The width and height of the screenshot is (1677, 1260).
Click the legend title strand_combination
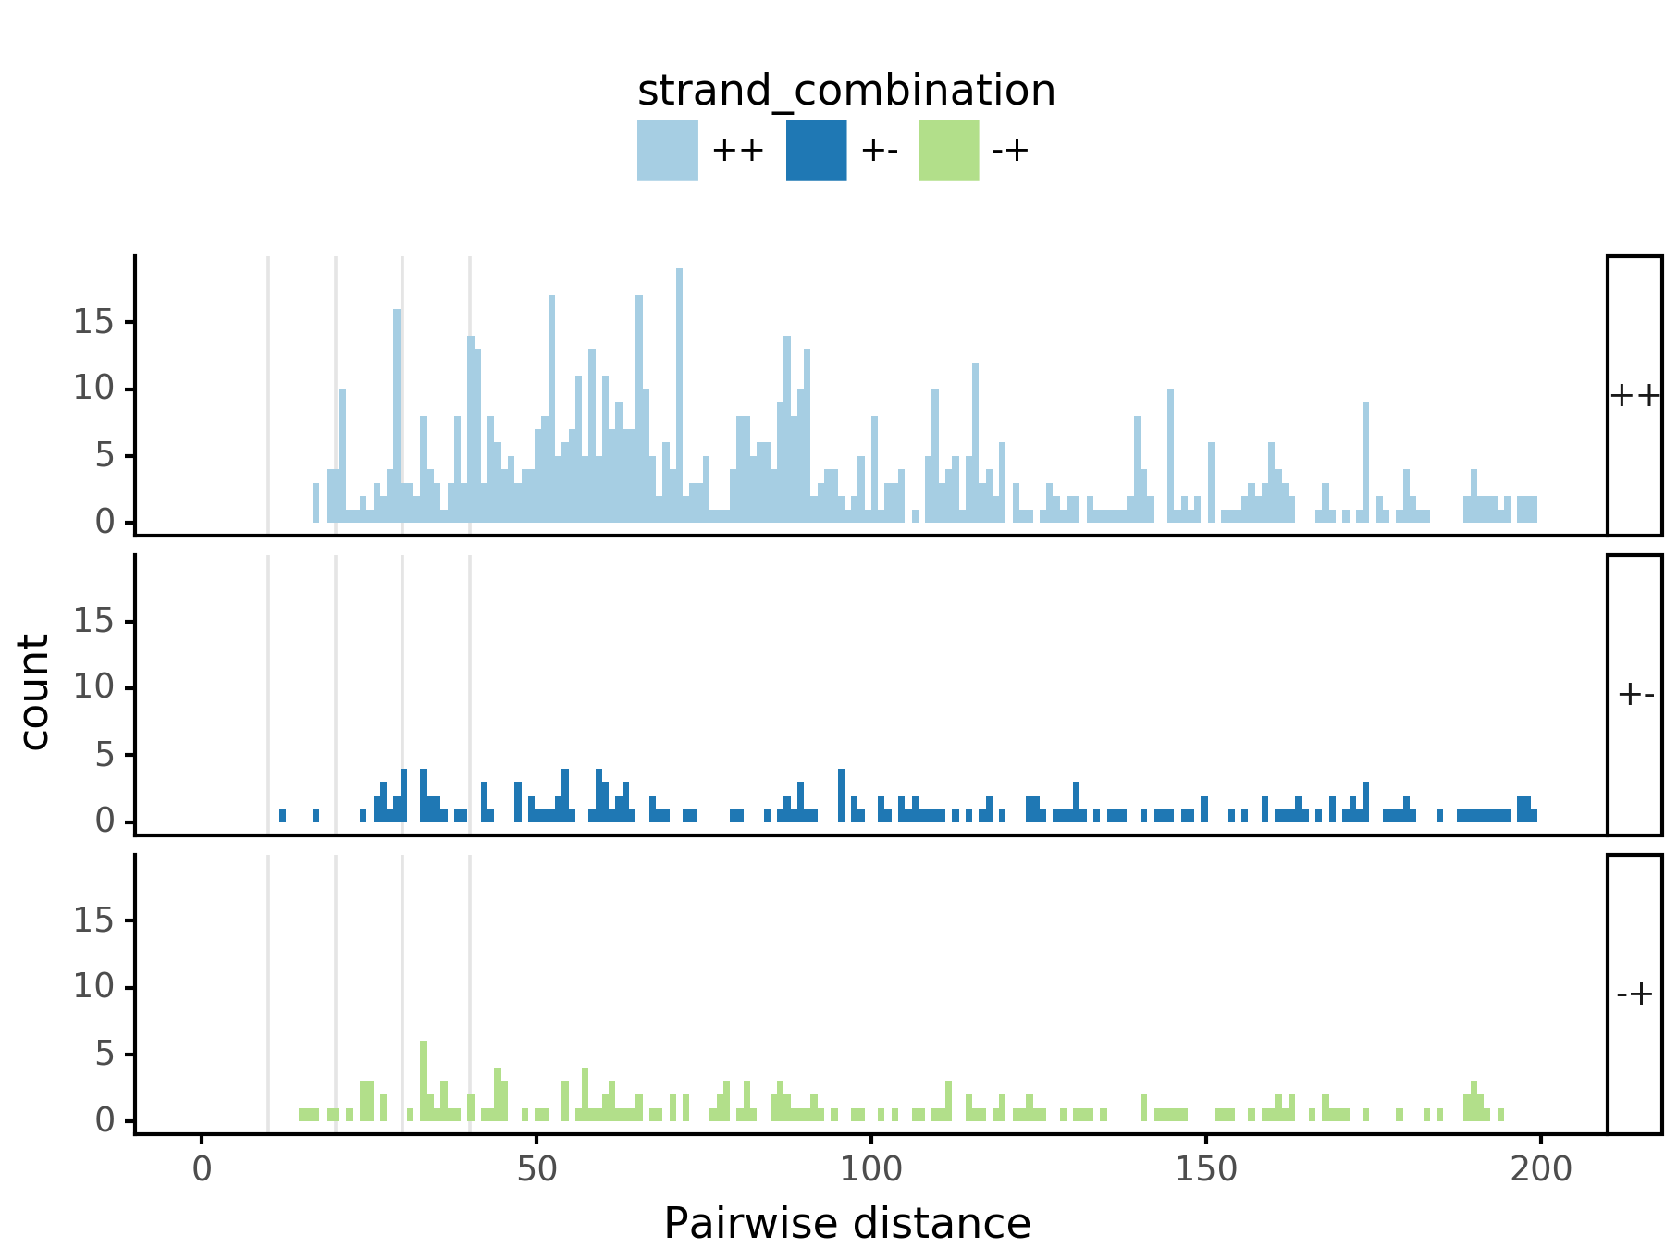coord(845,91)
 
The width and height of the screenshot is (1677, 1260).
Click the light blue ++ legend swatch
coord(667,151)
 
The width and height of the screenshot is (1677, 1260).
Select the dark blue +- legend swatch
coord(816,151)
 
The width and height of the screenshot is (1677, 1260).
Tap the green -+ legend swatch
coord(948,151)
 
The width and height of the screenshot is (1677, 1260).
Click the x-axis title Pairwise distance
coord(846,1223)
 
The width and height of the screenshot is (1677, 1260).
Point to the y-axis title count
coord(35,692)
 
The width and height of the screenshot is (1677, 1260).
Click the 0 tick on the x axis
coord(202,1169)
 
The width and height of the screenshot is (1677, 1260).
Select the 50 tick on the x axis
coord(536,1169)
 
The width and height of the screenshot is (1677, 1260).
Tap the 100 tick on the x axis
coord(870,1169)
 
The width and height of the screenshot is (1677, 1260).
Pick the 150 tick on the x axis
coord(1205,1169)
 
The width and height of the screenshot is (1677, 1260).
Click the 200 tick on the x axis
coord(1540,1169)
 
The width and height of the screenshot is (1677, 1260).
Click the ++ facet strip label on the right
coord(1634,396)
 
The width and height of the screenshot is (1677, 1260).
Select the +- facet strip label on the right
coord(1634,694)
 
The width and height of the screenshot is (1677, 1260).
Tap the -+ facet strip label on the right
coord(1634,994)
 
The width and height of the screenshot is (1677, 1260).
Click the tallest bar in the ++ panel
coord(679,398)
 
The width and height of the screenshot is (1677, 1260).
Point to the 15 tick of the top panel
coord(92,322)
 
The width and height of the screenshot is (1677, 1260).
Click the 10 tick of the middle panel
coord(92,687)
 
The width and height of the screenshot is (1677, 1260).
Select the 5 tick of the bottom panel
coord(103,1054)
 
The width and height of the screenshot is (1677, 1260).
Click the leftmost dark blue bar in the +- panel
coord(282,815)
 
